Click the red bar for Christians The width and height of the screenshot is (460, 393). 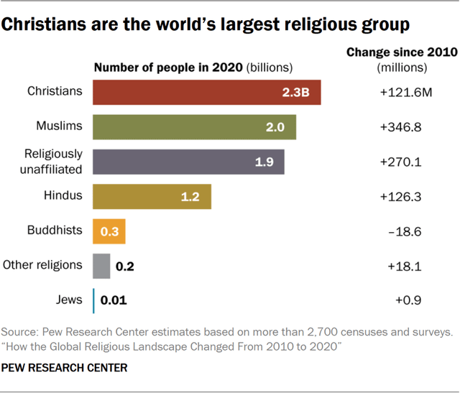tap(207, 93)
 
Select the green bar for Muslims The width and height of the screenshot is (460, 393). tap(195, 127)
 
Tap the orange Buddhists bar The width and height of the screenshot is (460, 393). tap(109, 231)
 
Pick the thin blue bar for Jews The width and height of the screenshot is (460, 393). tap(93, 300)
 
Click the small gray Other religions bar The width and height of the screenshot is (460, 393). tap(101, 266)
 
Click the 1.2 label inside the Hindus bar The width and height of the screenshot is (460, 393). tap(190, 197)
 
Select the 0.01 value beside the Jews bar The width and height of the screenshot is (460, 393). tap(114, 300)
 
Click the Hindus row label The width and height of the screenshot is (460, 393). tap(63, 195)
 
